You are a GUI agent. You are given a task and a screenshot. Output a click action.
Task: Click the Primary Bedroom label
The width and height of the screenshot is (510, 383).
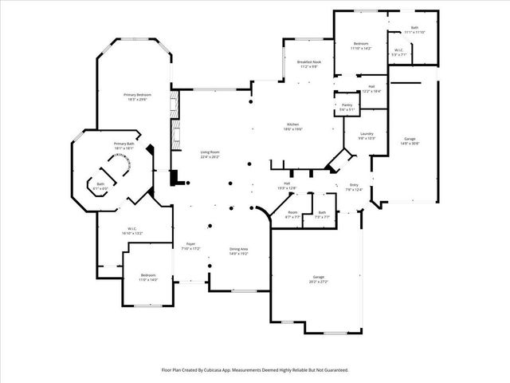click(136, 96)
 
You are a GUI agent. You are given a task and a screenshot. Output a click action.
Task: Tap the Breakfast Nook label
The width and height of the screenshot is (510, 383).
click(308, 64)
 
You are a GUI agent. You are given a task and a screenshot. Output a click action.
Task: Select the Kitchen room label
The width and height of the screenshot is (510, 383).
click(292, 126)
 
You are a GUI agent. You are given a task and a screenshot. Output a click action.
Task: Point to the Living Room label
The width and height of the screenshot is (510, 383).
click(210, 155)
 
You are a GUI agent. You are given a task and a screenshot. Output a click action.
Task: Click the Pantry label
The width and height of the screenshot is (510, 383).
click(347, 106)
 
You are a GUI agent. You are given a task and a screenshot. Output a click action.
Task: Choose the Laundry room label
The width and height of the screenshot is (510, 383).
click(367, 136)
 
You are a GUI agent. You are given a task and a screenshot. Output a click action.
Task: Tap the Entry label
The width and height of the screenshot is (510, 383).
click(354, 186)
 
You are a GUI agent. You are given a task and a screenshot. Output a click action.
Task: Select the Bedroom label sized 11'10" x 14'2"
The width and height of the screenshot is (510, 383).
click(360, 45)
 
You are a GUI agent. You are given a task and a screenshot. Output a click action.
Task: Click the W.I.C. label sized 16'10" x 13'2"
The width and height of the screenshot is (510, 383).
click(133, 231)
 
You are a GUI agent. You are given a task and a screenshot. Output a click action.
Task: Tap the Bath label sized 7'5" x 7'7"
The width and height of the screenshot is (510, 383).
click(322, 215)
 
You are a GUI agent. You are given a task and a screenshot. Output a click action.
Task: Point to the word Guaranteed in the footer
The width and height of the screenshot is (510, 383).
click(331, 370)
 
